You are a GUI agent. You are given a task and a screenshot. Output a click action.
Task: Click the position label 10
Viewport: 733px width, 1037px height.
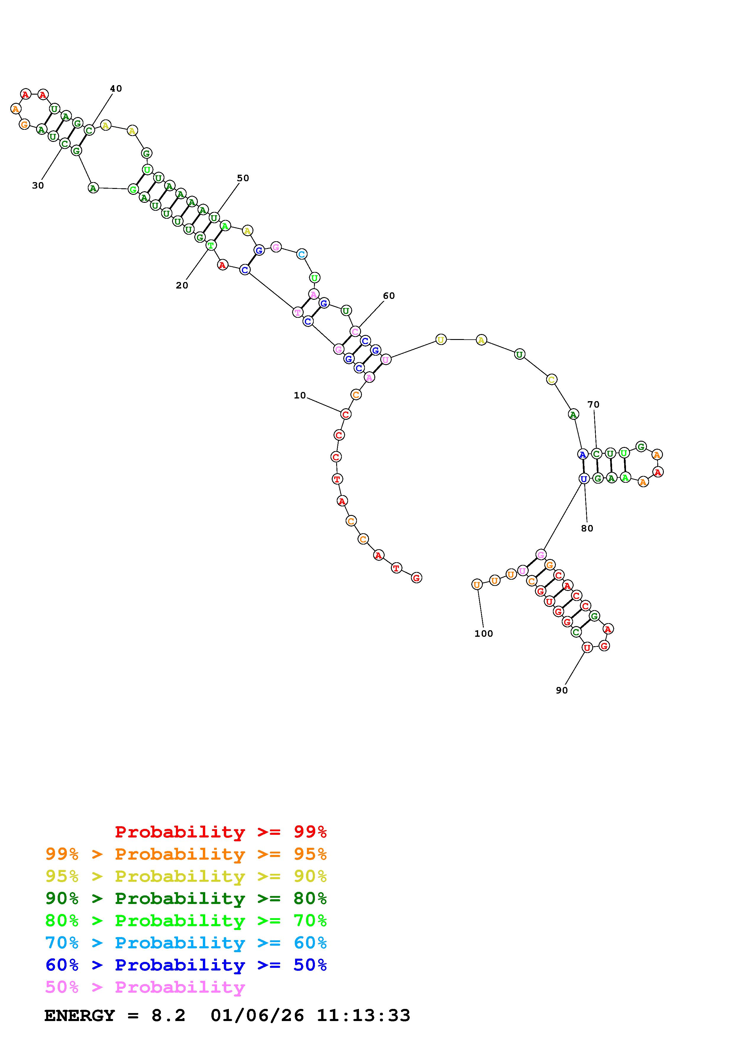click(300, 396)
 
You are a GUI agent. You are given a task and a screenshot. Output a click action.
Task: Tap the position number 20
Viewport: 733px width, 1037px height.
click(182, 286)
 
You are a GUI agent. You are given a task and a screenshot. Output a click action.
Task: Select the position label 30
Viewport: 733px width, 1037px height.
click(38, 186)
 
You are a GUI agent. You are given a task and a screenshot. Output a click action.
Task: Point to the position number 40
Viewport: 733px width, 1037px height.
click(116, 88)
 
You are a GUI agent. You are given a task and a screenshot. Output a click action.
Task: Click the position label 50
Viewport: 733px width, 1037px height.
click(243, 178)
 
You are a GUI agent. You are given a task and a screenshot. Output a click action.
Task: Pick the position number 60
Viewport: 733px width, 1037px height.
click(389, 296)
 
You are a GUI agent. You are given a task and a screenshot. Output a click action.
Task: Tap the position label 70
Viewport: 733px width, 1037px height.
click(593, 405)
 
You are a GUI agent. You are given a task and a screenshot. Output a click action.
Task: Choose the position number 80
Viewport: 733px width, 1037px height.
click(587, 529)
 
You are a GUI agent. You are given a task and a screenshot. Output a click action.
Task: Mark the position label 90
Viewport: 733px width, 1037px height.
click(562, 690)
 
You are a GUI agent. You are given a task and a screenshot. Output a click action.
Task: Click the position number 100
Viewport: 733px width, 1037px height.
click(484, 634)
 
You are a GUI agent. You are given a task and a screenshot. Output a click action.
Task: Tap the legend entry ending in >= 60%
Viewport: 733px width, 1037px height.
click(186, 943)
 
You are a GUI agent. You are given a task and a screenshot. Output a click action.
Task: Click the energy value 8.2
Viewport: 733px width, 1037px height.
click(169, 1016)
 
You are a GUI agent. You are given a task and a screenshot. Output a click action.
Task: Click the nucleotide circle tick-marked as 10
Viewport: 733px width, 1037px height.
click(345, 414)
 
